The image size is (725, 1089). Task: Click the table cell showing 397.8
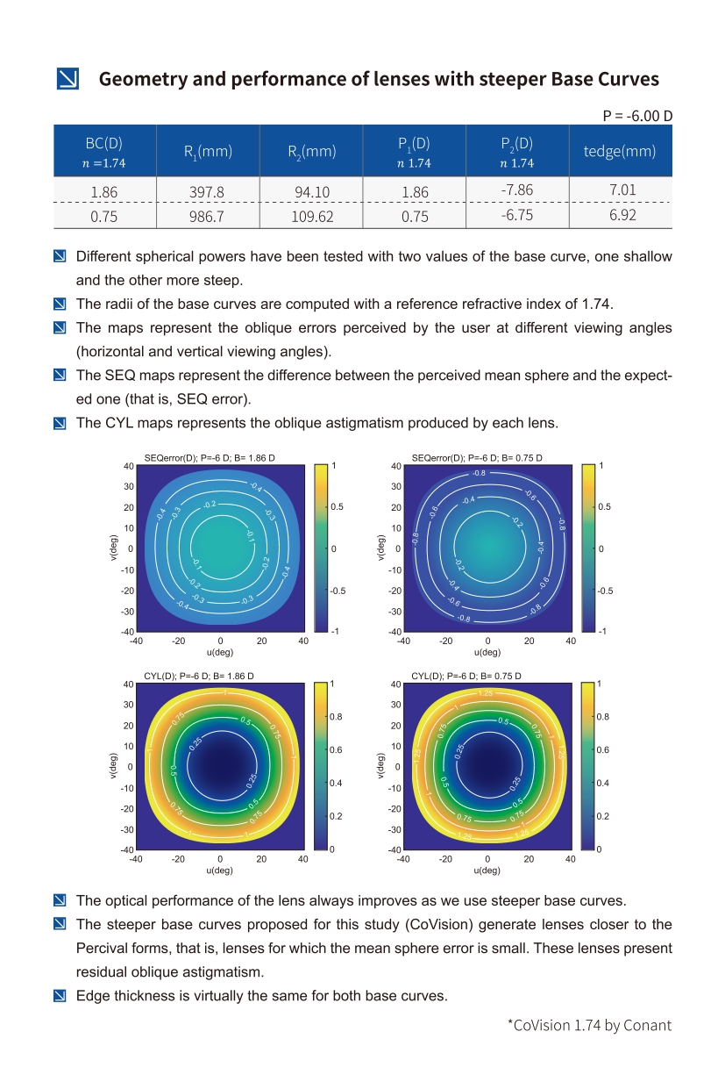(x=208, y=190)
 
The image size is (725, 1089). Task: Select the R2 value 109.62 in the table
(x=312, y=216)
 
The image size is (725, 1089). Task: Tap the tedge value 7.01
(x=622, y=190)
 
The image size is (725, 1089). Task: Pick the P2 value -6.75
(x=517, y=215)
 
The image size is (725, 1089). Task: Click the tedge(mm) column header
(x=620, y=151)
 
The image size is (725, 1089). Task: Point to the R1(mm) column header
(x=208, y=152)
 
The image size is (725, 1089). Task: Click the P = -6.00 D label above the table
(x=637, y=116)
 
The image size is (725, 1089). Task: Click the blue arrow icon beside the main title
(x=68, y=79)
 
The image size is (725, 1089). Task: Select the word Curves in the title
(x=624, y=79)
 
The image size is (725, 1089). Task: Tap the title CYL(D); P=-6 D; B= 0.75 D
(x=466, y=676)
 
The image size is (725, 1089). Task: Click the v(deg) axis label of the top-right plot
(x=380, y=548)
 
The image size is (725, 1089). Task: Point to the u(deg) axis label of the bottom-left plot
(x=219, y=870)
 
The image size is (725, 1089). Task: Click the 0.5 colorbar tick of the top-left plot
(x=337, y=507)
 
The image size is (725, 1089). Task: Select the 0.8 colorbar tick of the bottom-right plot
(x=603, y=717)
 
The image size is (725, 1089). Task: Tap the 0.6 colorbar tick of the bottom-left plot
(x=336, y=750)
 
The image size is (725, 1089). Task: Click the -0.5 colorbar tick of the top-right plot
(x=604, y=591)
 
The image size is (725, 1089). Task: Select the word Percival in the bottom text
(x=102, y=949)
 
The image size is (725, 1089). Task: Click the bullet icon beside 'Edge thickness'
(x=60, y=996)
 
